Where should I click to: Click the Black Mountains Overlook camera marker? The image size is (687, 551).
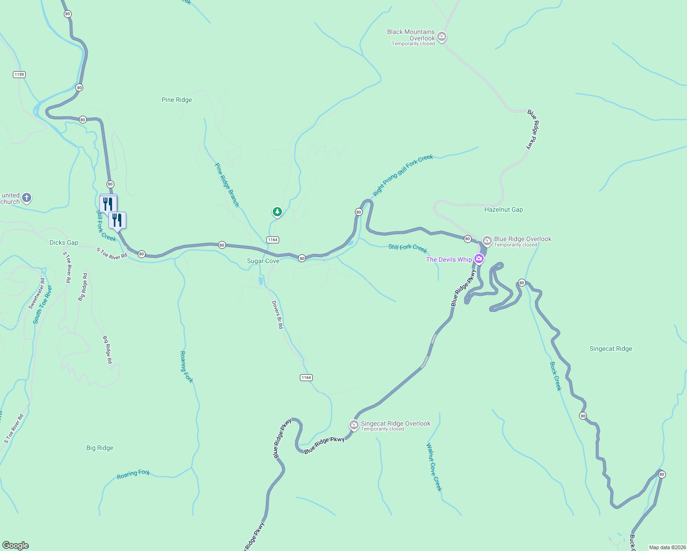(441, 36)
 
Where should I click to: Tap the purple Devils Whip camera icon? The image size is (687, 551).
(479, 259)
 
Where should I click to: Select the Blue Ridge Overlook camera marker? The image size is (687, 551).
(487, 241)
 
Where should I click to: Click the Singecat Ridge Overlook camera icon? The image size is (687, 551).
(354, 425)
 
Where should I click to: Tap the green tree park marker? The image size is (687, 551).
(277, 212)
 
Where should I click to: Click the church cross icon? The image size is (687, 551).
(27, 198)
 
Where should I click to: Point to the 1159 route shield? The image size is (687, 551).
(19, 74)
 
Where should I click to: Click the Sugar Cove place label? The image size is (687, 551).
(263, 261)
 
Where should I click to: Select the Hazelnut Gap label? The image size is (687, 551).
(503, 209)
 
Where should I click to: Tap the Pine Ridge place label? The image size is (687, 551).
(177, 100)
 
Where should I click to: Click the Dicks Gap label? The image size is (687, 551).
(64, 242)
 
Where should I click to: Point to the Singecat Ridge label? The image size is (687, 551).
(610, 349)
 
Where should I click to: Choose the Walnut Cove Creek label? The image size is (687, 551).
(434, 467)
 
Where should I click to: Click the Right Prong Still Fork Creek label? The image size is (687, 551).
(403, 175)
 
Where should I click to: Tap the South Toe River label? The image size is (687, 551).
(43, 305)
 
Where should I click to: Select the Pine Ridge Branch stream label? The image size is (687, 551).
(227, 185)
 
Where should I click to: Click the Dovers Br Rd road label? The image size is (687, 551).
(277, 315)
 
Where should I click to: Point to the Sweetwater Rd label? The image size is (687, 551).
(37, 293)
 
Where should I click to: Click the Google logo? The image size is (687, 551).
(16, 545)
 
